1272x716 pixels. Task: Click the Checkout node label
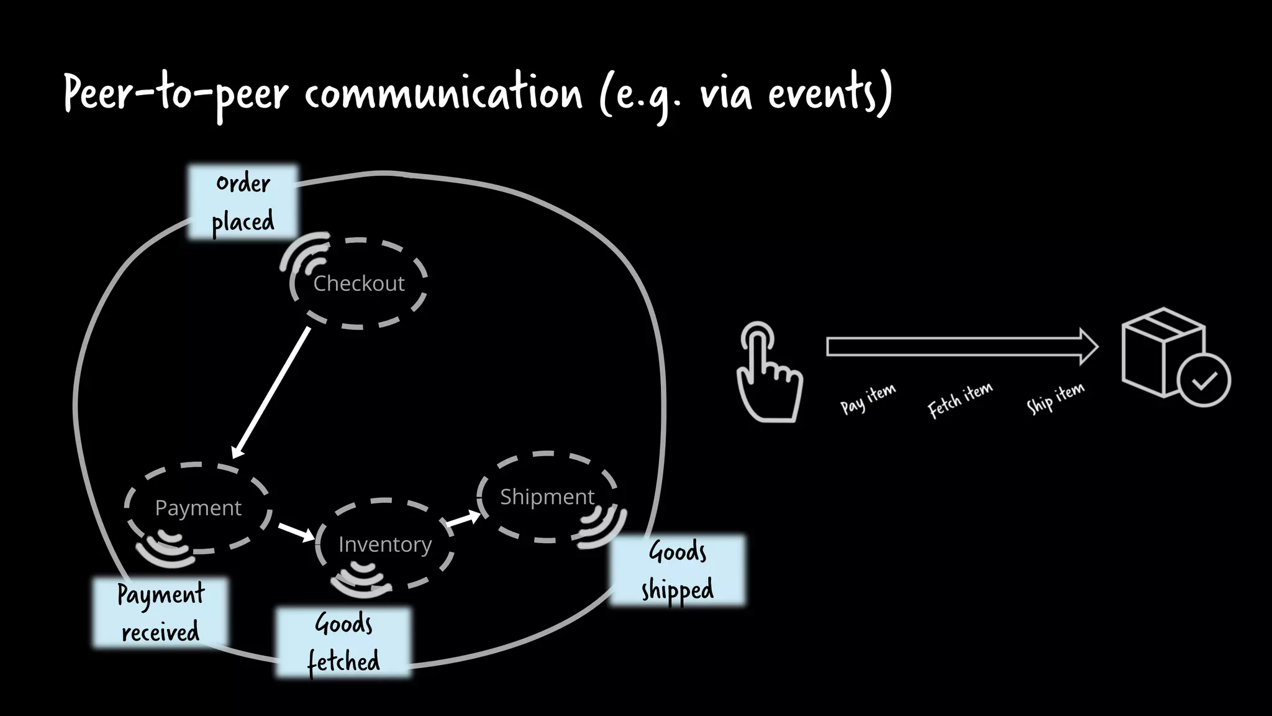click(x=358, y=283)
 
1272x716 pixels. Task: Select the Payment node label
click(x=198, y=508)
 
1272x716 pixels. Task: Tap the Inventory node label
click(x=384, y=544)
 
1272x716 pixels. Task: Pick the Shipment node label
click(x=547, y=497)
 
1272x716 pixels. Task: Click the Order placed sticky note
click(x=243, y=202)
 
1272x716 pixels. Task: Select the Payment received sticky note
click(x=160, y=613)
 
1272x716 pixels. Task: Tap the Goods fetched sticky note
click(x=343, y=642)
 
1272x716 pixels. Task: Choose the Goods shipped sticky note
click(x=677, y=570)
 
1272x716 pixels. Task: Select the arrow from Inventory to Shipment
click(x=463, y=519)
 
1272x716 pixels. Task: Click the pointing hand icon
click(x=768, y=373)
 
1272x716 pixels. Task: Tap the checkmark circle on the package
click(x=1204, y=380)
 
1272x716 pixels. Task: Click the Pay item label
click(x=868, y=398)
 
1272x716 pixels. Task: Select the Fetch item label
click(x=960, y=400)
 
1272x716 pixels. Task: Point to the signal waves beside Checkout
click(x=304, y=254)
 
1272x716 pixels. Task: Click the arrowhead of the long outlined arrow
click(x=1089, y=347)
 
